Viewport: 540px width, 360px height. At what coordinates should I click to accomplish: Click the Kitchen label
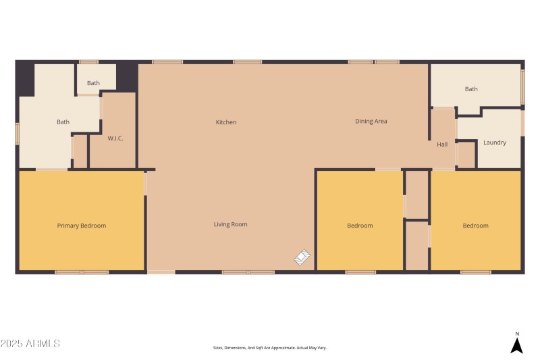[x=226, y=122]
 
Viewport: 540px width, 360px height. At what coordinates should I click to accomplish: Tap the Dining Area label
[x=371, y=122]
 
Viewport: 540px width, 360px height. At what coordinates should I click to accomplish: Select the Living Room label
[x=230, y=224]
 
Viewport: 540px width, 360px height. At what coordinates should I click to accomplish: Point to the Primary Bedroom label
[x=81, y=226]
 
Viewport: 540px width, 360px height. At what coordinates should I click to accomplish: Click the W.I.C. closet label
[x=115, y=138]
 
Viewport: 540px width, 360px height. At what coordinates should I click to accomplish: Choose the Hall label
[x=442, y=145]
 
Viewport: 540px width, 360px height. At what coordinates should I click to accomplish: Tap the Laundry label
[x=494, y=143]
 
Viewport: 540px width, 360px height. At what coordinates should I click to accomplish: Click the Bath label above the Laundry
[x=471, y=89]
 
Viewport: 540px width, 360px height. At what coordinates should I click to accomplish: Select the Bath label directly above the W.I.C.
[x=93, y=84]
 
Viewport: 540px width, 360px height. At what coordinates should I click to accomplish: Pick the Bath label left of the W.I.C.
[x=63, y=122]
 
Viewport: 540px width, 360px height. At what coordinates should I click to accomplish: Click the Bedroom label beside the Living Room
[x=360, y=226]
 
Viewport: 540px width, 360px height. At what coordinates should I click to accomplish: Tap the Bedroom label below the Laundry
[x=475, y=226]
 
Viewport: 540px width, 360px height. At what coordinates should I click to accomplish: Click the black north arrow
[x=516, y=345]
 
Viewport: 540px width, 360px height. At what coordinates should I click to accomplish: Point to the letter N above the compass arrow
[x=517, y=334]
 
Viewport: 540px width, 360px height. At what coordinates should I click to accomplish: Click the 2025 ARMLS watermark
[x=30, y=344]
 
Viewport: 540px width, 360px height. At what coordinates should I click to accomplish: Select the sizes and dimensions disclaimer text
[x=269, y=348]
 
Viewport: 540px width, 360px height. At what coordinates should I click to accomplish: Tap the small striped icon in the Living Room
[x=303, y=257]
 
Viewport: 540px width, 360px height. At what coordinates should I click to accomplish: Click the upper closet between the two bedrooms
[x=417, y=195]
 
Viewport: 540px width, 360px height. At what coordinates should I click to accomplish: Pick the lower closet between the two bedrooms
[x=417, y=245]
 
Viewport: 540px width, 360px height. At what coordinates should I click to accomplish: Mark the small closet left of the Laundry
[x=466, y=155]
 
